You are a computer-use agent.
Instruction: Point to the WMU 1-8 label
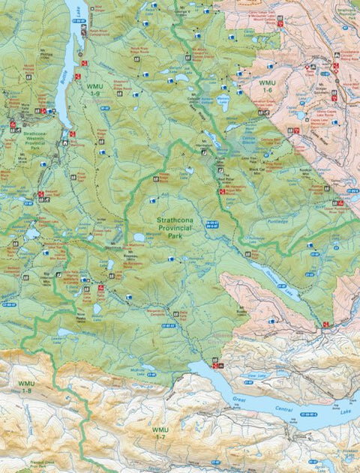click(26, 387)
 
